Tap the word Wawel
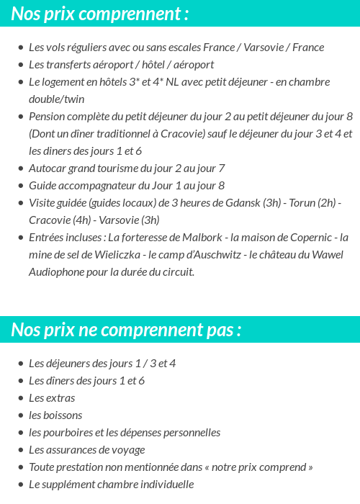328,255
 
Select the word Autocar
47,168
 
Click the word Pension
48,117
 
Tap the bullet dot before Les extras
21,398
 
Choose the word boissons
63,415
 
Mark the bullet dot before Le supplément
21,485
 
